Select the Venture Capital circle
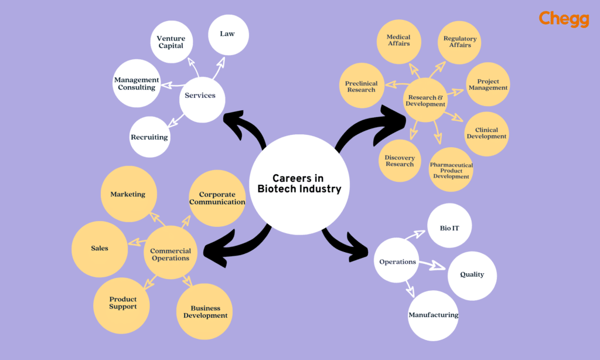point(171,42)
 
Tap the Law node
point(228,34)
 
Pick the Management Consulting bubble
point(137,83)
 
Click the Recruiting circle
point(149,137)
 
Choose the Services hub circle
point(201,96)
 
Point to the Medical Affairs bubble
point(399,40)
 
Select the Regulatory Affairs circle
point(460,42)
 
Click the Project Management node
point(487,84)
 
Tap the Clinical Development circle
point(486,133)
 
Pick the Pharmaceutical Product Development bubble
point(451,170)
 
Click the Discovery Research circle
point(400,161)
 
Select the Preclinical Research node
point(362,86)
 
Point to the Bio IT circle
point(449,227)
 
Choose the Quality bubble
point(472,274)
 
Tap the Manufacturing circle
point(434,315)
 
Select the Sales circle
point(100,248)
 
